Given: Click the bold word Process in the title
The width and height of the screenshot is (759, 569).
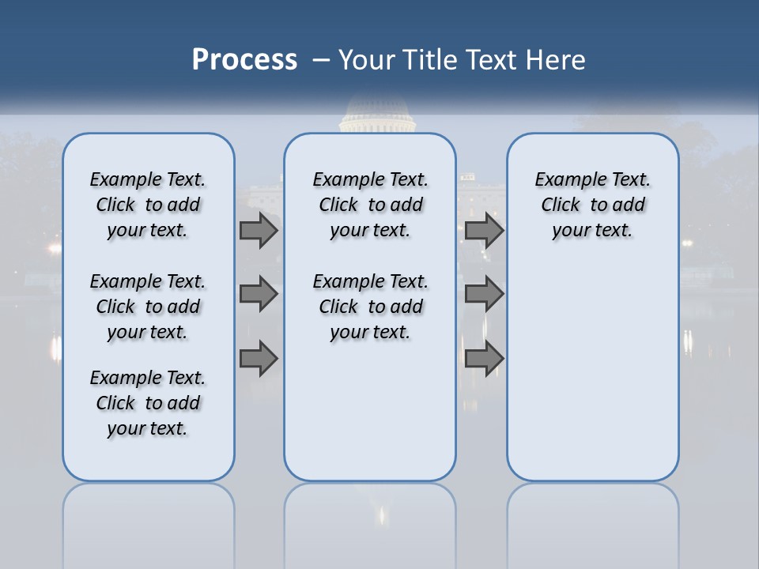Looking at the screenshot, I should click(x=244, y=60).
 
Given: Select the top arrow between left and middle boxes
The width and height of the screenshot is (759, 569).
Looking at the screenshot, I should click(x=259, y=230).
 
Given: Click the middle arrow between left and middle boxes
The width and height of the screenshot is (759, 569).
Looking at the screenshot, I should click(x=259, y=294).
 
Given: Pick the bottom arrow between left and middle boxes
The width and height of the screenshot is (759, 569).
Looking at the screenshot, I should click(x=259, y=359).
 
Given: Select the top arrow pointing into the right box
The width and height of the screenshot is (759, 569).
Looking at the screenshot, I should click(x=484, y=230).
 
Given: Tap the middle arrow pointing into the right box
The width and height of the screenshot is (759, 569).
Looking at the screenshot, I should click(x=484, y=294).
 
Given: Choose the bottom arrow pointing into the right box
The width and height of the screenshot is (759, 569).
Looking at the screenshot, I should click(x=484, y=359).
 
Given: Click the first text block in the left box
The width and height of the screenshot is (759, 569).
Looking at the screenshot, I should click(x=148, y=205).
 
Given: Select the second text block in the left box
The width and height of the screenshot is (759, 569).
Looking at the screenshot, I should click(x=148, y=307).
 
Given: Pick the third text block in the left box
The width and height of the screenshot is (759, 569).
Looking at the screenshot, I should click(x=148, y=403).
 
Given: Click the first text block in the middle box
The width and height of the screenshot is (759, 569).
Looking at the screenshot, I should click(x=370, y=205).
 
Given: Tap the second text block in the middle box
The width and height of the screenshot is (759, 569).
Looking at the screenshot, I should click(x=370, y=307).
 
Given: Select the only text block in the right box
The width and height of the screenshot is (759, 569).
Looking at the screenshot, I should click(x=592, y=205).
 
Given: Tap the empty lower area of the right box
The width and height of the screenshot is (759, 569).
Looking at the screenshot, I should click(x=592, y=371).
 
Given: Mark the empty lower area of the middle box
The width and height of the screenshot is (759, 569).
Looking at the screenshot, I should click(x=370, y=411).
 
